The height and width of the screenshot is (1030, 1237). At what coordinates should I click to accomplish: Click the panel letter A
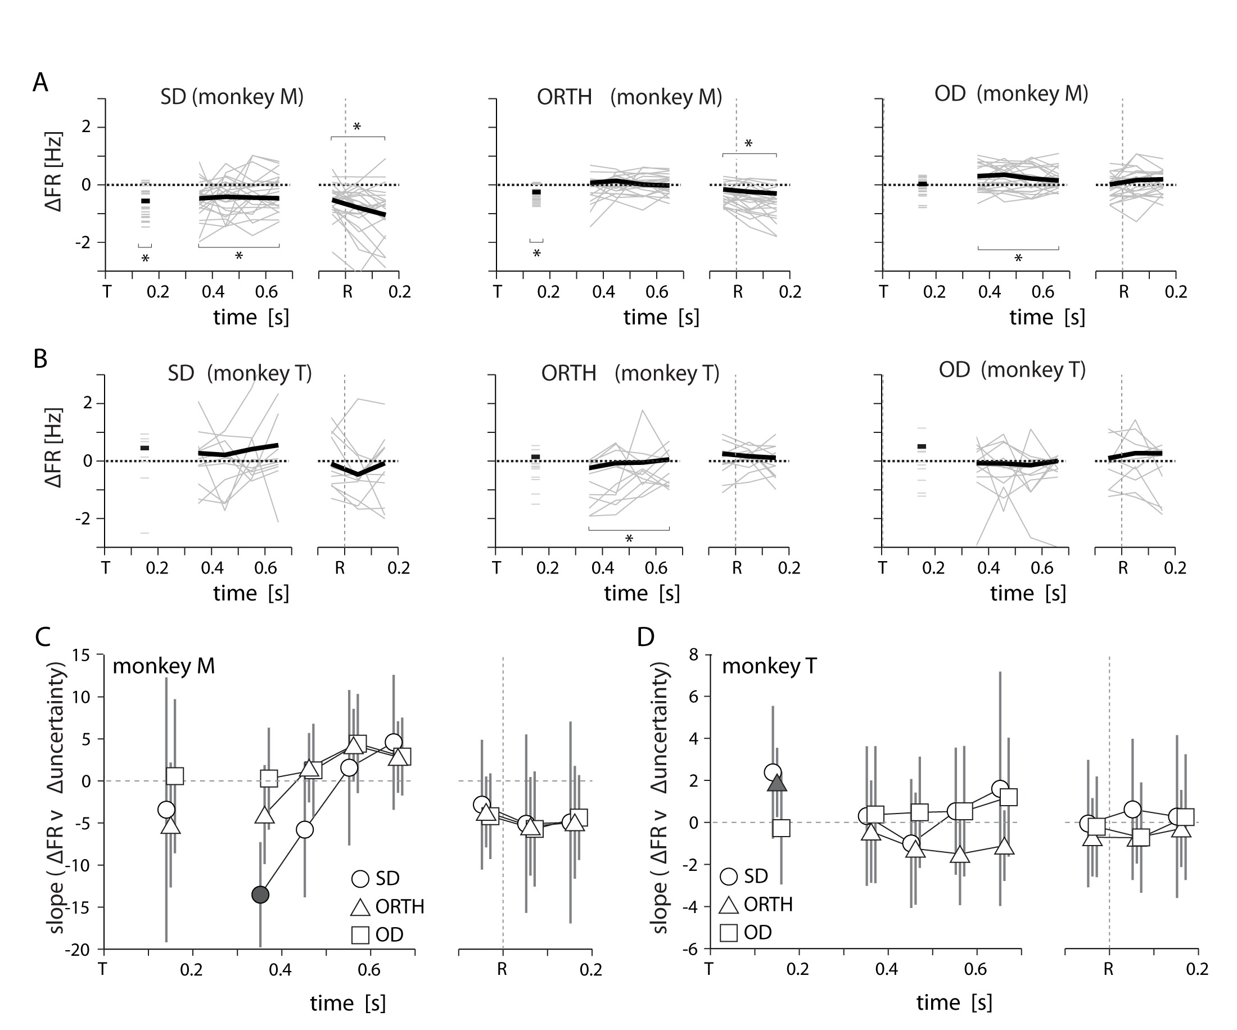(40, 83)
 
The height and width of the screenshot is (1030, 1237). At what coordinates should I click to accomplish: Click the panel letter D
(645, 636)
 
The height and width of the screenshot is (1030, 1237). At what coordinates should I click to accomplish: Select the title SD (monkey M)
(232, 96)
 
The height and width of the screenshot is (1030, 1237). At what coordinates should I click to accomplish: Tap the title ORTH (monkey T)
(630, 373)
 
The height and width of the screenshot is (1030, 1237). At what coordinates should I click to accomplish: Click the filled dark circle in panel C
(260, 895)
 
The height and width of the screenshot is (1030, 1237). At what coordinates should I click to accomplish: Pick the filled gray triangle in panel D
(777, 782)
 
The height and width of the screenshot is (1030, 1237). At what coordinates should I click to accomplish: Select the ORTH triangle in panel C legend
(360, 907)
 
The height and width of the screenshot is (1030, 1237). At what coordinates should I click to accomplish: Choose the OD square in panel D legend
(729, 933)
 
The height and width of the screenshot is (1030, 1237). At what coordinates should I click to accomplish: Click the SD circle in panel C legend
(360, 879)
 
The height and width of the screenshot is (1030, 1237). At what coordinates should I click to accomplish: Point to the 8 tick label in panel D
(693, 654)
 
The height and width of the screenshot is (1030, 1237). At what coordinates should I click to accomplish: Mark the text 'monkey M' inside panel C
(164, 666)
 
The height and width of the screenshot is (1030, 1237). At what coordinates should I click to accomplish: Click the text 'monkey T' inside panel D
(769, 666)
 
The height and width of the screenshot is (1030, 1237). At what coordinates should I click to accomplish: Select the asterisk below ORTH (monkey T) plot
(629, 539)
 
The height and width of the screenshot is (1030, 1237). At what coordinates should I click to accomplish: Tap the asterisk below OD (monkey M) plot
(1018, 259)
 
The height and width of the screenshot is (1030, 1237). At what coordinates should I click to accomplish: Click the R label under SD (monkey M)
(347, 292)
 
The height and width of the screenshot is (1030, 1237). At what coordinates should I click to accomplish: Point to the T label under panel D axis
(708, 969)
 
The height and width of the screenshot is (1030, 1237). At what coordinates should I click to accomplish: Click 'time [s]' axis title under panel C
(348, 1003)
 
